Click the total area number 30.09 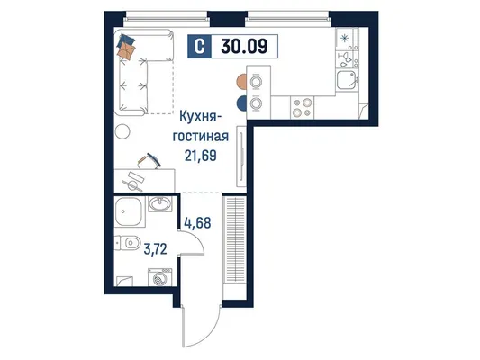[x=244, y=47]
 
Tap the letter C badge [x=199, y=47]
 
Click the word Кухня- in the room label [x=198, y=116]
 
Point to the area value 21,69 [x=201, y=156]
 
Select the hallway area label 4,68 [x=197, y=222]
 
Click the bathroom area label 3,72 [x=156, y=249]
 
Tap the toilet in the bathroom [x=128, y=243]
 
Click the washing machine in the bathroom [x=159, y=277]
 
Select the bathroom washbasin [x=159, y=203]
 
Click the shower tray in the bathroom [x=130, y=211]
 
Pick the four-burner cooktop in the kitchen [x=302, y=108]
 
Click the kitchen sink [x=346, y=80]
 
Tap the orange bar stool [x=242, y=82]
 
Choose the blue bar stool [x=242, y=103]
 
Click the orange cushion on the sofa [x=127, y=50]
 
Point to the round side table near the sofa [x=122, y=131]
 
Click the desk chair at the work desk [x=149, y=161]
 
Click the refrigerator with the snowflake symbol [x=348, y=39]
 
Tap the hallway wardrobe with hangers [x=235, y=239]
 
